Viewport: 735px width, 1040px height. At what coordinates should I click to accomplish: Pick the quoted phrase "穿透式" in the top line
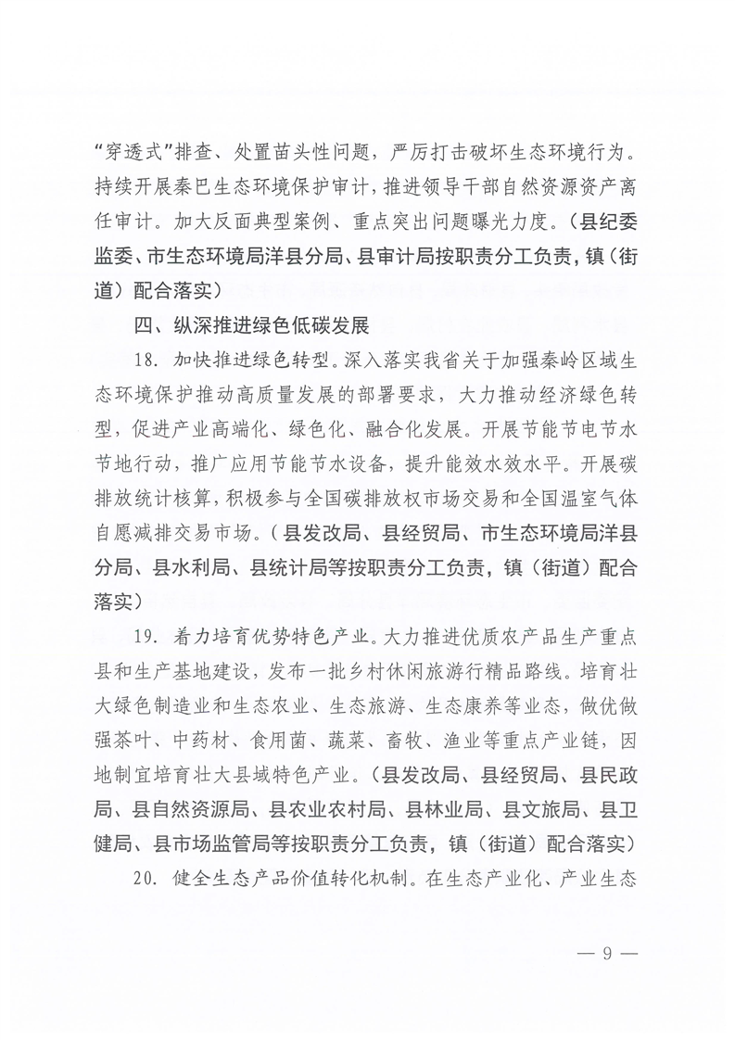point(126,149)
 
